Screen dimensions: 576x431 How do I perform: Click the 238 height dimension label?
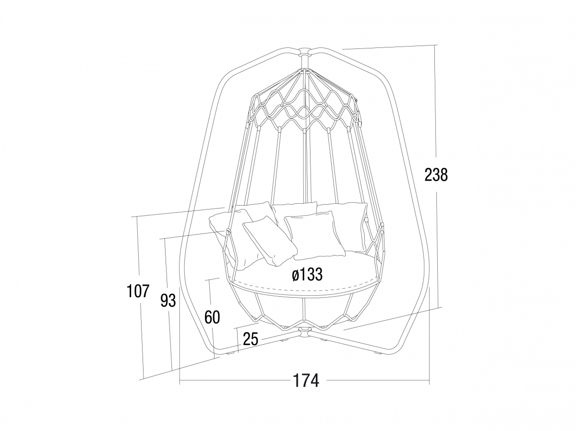point(436,175)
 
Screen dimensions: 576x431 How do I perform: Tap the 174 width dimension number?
point(306,381)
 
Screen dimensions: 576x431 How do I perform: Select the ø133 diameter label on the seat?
point(307,275)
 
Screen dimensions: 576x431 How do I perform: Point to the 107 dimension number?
point(138,291)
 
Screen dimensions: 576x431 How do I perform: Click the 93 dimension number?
point(168,301)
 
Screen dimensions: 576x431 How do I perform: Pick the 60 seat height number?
point(212,317)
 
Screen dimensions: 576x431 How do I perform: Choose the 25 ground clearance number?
point(251,339)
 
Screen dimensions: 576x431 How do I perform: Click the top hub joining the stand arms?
point(304,51)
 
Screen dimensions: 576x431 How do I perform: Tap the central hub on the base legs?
point(304,332)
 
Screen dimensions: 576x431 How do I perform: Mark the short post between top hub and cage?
point(304,62)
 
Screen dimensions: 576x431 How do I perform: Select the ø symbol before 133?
point(295,275)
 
